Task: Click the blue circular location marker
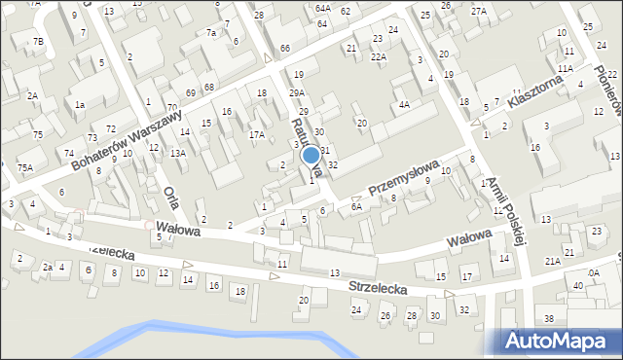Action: click(311, 155)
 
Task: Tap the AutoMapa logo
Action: click(562, 341)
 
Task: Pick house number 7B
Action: click(38, 42)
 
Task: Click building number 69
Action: click(191, 91)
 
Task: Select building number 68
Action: click(208, 88)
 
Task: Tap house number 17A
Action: click(257, 135)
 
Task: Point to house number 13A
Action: click(177, 153)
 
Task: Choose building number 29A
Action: click(296, 92)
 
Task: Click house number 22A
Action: click(378, 57)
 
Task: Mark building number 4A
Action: click(403, 104)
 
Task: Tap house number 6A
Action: click(356, 207)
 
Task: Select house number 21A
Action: click(552, 261)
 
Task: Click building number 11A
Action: click(565, 70)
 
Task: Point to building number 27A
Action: click(478, 12)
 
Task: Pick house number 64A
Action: click(323, 8)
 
